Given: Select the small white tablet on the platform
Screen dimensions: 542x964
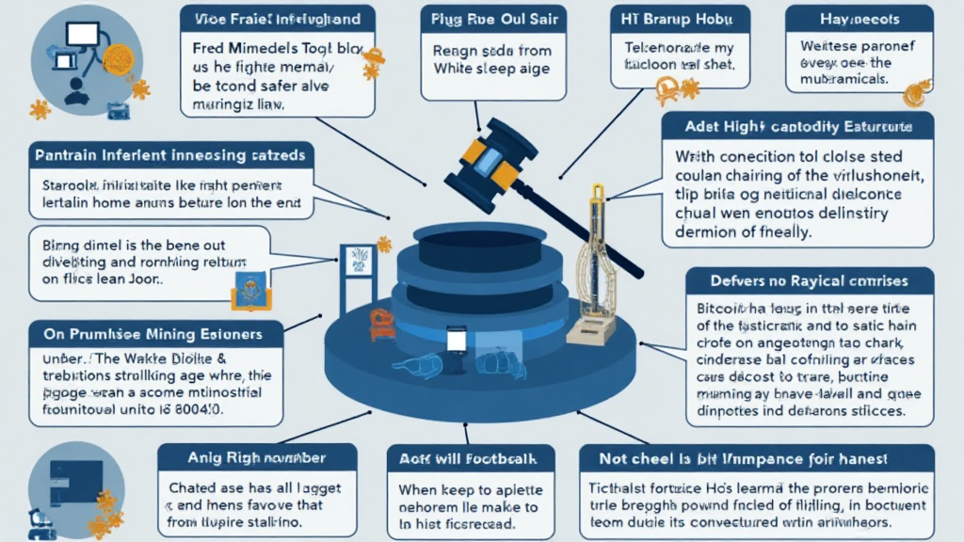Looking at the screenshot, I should pyautogui.click(x=457, y=340).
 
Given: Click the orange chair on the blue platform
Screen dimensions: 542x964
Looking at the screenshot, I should pyautogui.click(x=381, y=324).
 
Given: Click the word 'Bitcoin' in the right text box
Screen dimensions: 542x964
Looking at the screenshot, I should pyautogui.click(x=720, y=307).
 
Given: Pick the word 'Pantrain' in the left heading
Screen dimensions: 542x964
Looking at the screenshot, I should pyautogui.click(x=67, y=152).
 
